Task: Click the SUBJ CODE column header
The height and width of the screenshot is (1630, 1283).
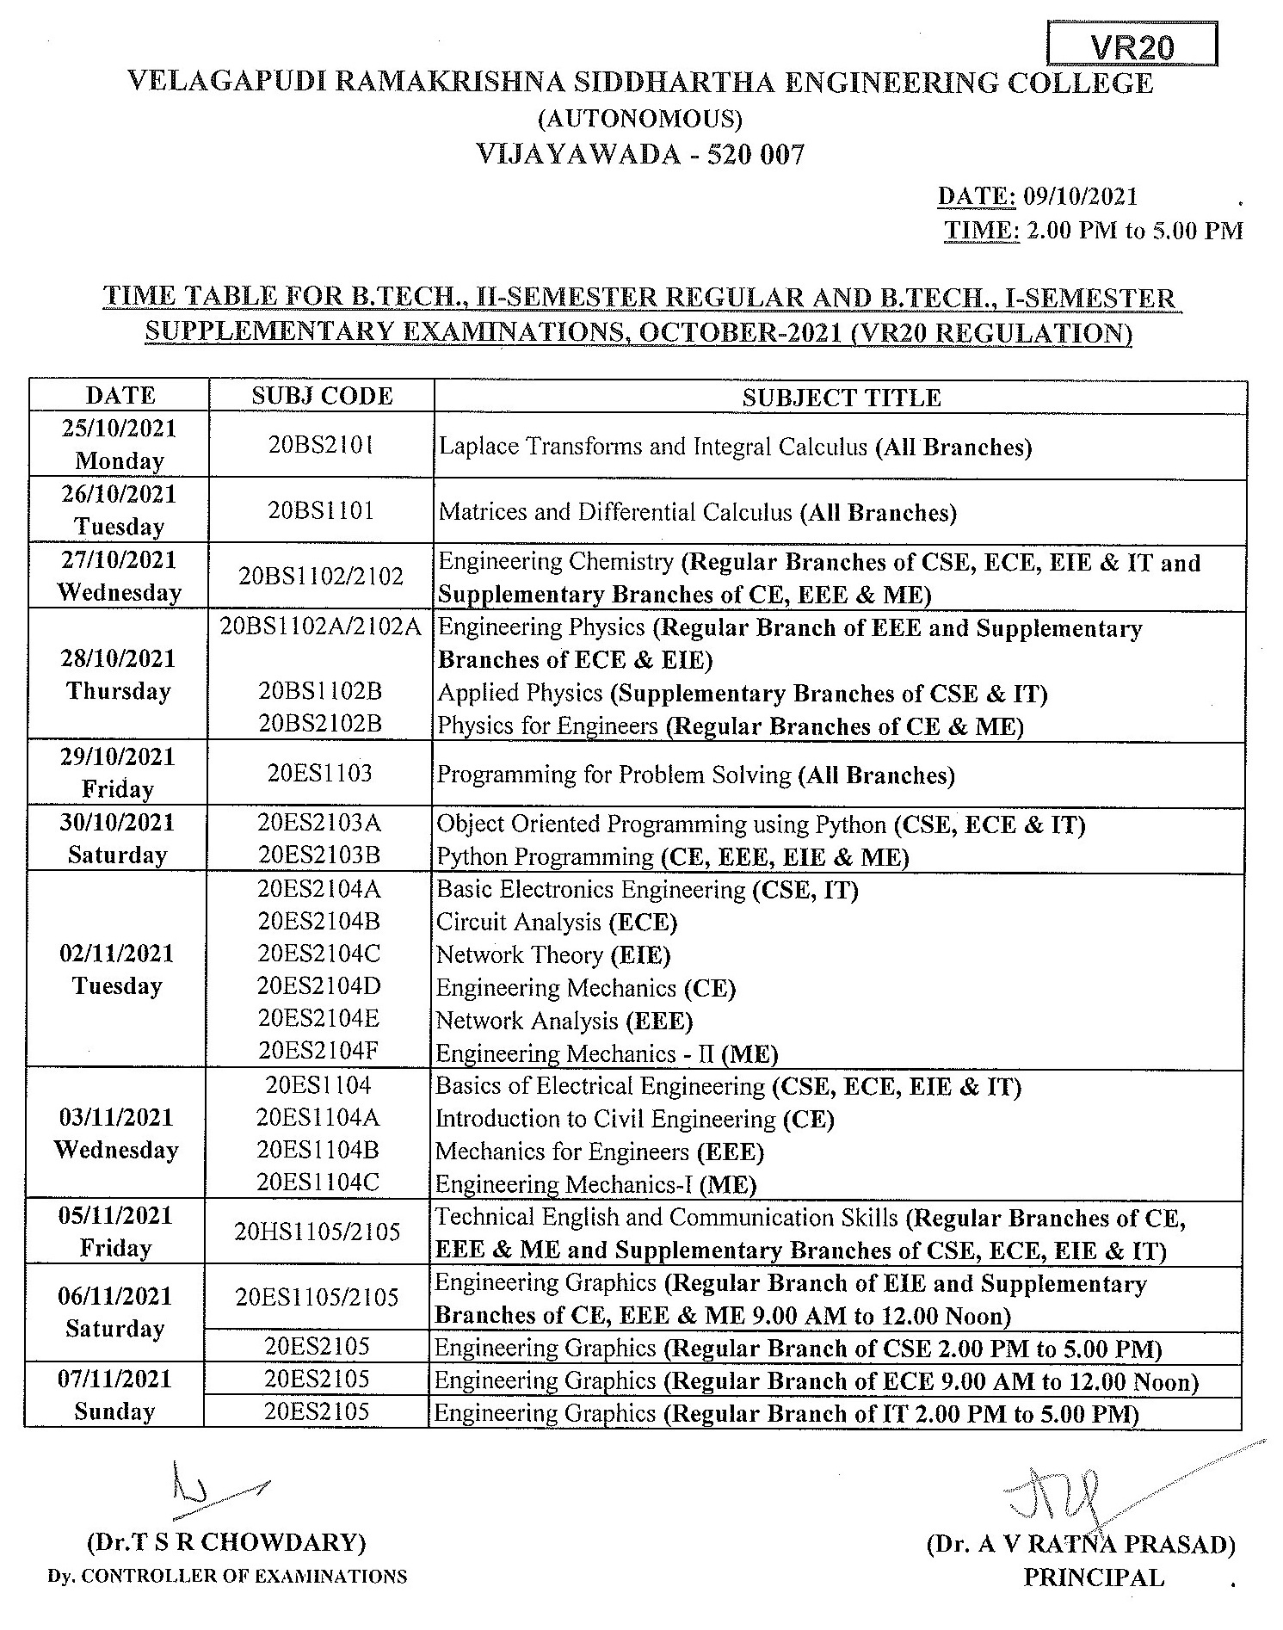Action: coord(322,396)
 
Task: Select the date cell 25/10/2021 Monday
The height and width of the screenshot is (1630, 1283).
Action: coord(120,444)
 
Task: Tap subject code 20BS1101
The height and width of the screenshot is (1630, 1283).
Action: coord(321,511)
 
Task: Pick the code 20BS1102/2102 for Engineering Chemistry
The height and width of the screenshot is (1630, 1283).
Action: coord(321,577)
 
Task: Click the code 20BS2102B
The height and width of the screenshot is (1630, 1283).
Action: coord(320,724)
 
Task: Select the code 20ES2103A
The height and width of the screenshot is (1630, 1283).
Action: coord(319,824)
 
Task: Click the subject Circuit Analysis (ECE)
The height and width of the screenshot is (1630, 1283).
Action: coord(557,923)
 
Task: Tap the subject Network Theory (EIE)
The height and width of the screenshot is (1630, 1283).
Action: coord(553,955)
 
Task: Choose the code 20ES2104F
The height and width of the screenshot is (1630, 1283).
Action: coord(319,1051)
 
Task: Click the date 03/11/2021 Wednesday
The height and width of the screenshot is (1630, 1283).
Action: coord(116,1133)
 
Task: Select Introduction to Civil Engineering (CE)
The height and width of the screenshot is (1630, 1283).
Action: coord(635,1119)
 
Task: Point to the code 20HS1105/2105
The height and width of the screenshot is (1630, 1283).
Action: coord(318,1232)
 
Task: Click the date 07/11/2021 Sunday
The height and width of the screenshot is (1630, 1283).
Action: coord(115,1395)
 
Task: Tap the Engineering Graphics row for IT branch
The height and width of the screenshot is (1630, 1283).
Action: coord(786,1413)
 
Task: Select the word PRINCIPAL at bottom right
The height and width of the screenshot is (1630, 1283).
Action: coord(1093,1578)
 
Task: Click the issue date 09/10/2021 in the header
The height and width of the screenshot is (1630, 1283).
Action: coord(1080,197)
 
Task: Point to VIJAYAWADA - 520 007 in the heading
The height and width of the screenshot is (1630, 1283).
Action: coord(640,155)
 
